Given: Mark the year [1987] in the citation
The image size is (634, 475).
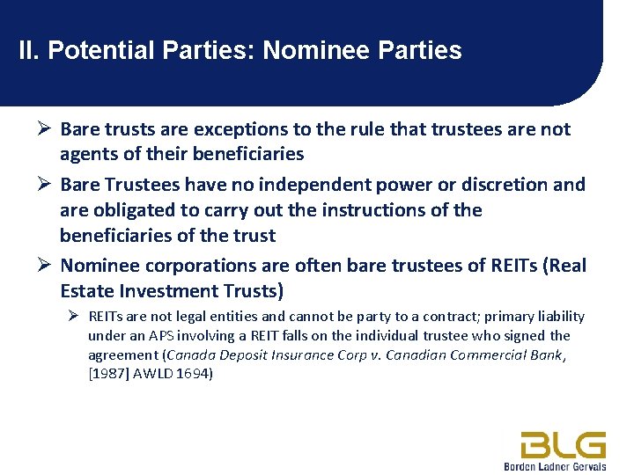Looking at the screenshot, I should (107, 374).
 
